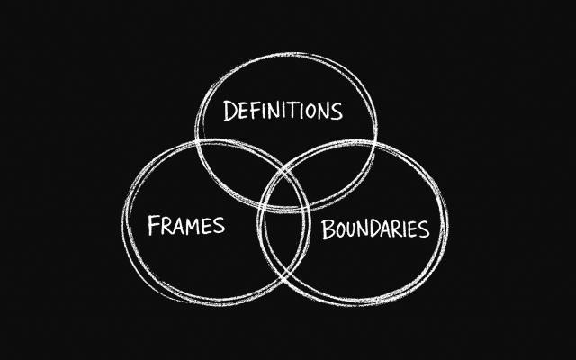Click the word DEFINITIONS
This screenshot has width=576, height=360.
(x=283, y=112)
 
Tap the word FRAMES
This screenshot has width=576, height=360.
(x=185, y=224)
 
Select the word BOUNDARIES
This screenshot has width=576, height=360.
(x=375, y=229)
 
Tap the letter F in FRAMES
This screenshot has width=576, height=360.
(x=154, y=224)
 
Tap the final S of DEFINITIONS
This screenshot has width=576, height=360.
(x=337, y=111)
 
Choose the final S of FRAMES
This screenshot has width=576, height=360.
(x=218, y=224)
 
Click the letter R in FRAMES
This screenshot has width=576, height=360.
(x=166, y=224)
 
